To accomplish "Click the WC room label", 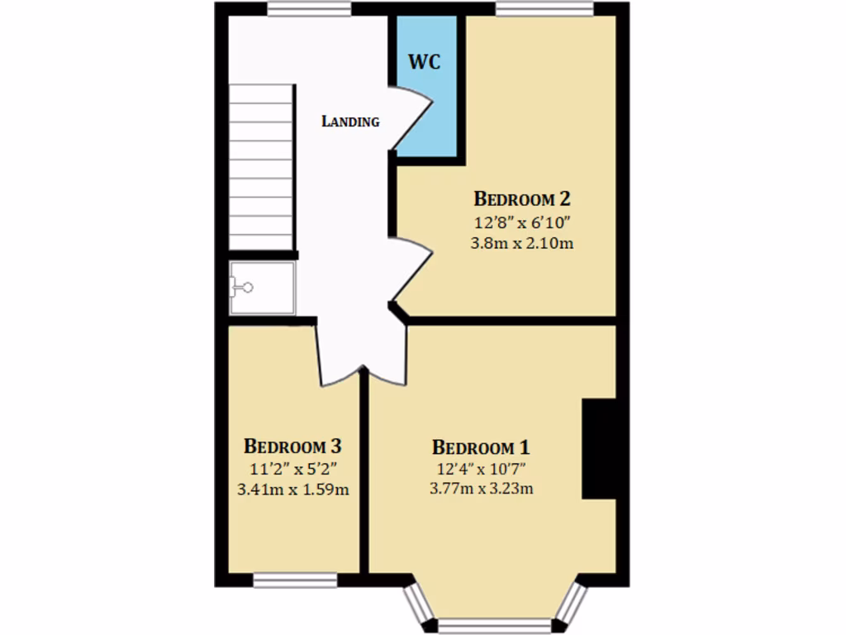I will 424,62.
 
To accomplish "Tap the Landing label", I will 350,122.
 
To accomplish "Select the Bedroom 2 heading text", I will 521,199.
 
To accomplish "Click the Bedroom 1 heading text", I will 481,447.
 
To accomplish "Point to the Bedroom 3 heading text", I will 292,446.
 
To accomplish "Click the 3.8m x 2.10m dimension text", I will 521,243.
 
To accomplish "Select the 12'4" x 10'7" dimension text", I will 481,469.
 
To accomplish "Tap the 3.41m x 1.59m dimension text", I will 292,489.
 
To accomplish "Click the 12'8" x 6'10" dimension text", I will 521,222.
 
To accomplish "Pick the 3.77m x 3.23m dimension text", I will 481,489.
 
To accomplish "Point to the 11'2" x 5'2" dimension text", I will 292,469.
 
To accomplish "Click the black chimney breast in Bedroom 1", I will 600,449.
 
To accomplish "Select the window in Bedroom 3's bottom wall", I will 295,580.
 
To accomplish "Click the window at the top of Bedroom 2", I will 544,8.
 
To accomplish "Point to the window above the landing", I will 309,8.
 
